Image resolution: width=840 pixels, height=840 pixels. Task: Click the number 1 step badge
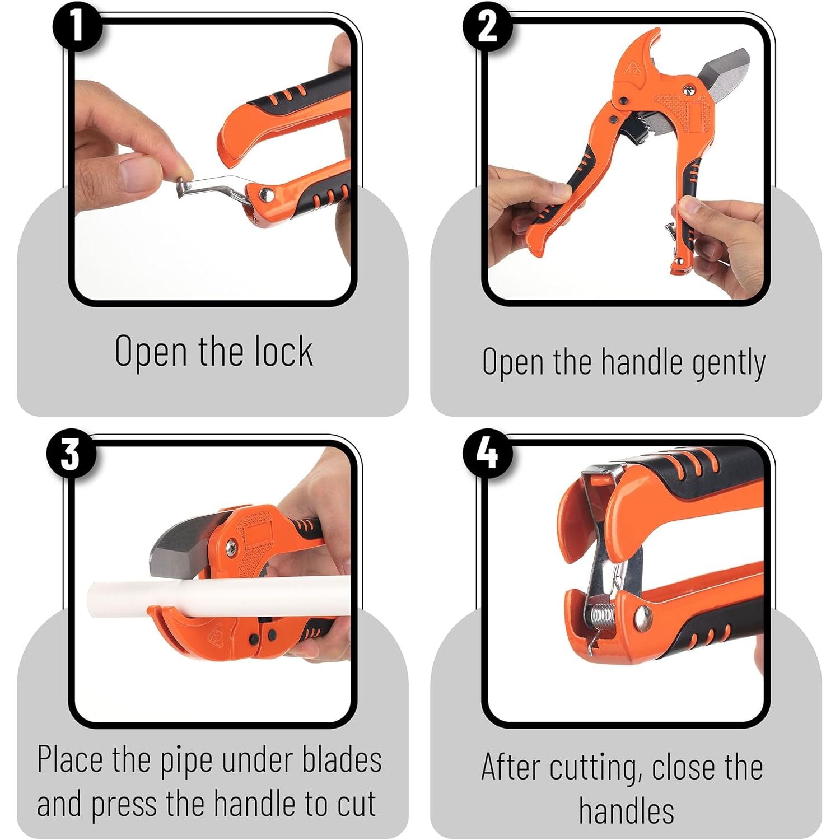point(78,26)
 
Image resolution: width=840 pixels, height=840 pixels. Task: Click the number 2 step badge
point(487,26)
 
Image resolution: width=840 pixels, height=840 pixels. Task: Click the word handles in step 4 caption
point(626,810)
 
